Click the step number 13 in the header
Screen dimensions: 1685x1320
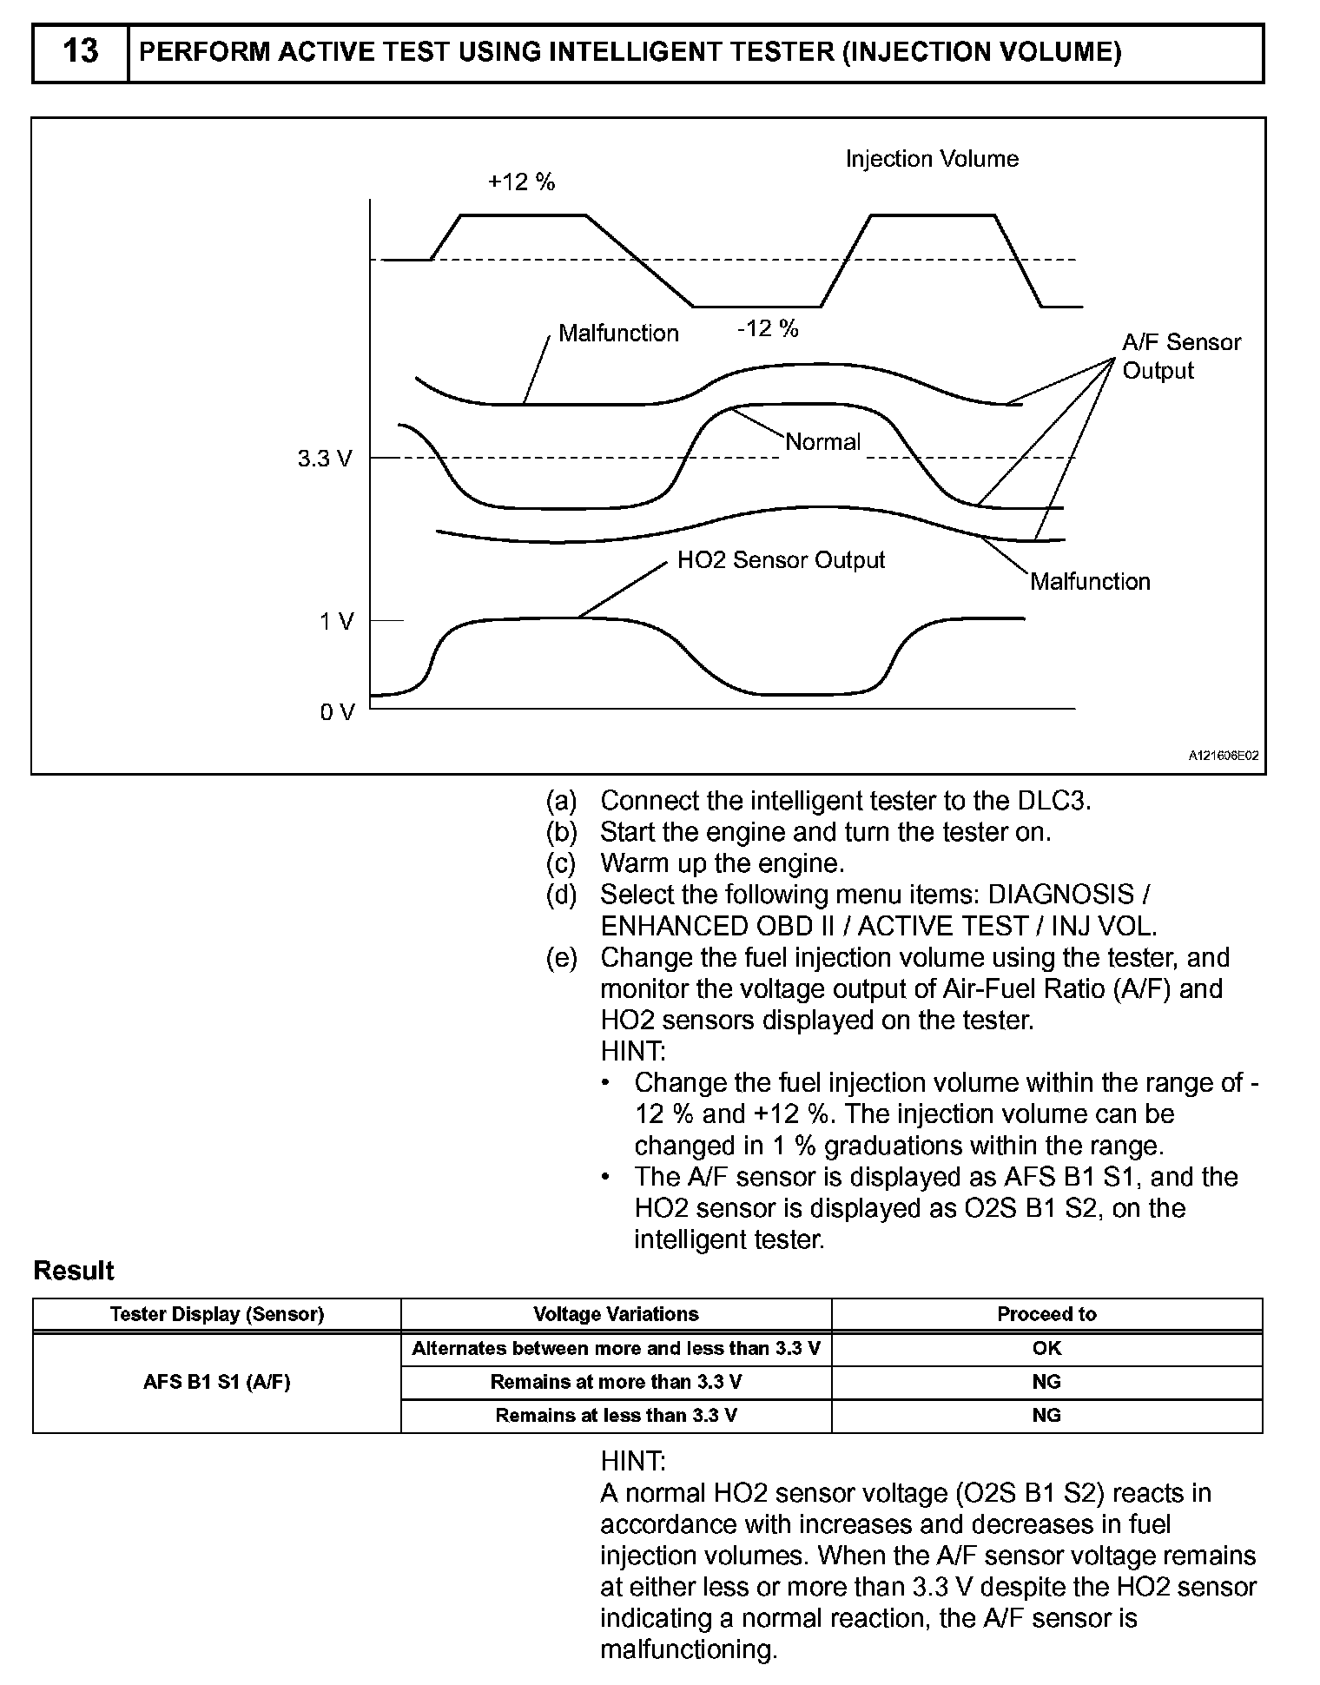[x=80, y=52]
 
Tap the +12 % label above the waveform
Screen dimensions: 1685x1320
[x=521, y=182]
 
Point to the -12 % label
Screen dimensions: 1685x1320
[x=767, y=328]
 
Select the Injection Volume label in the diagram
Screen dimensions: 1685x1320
[x=932, y=159]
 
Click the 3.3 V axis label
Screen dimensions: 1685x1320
[x=325, y=459]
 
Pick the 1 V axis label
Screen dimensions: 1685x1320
[x=336, y=622]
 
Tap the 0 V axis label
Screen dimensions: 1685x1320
[x=337, y=713]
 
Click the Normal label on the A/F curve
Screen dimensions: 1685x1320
[x=822, y=442]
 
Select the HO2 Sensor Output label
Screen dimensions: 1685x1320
[x=781, y=560]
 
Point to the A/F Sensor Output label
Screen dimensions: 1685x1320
[x=1181, y=356]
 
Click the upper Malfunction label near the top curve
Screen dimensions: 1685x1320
[x=618, y=334]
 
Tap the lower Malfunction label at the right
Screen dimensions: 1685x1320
[x=1090, y=582]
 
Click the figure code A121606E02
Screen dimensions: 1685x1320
[x=1223, y=757]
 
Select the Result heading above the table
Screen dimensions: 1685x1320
[x=74, y=1271]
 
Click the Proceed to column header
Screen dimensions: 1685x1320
[x=1046, y=1314]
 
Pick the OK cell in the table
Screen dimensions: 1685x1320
[x=1046, y=1349]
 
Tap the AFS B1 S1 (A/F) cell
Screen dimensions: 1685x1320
[x=216, y=1382]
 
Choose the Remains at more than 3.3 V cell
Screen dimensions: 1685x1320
[x=616, y=1382]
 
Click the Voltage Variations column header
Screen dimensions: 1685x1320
[x=616, y=1314]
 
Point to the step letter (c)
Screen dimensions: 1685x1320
[x=561, y=863]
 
